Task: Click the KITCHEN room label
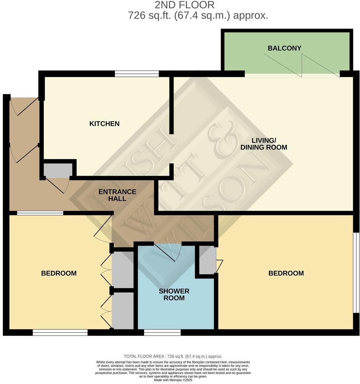[104, 124]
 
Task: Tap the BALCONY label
[284, 48]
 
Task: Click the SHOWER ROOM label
[174, 294]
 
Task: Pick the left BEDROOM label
[59, 273]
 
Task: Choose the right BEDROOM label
[286, 273]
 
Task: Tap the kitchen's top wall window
[137, 74]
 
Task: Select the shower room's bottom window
[162, 332]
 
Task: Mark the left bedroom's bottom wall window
[60, 332]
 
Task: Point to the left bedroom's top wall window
[40, 213]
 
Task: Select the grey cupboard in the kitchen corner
[58, 170]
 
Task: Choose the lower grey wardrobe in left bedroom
[122, 310]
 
